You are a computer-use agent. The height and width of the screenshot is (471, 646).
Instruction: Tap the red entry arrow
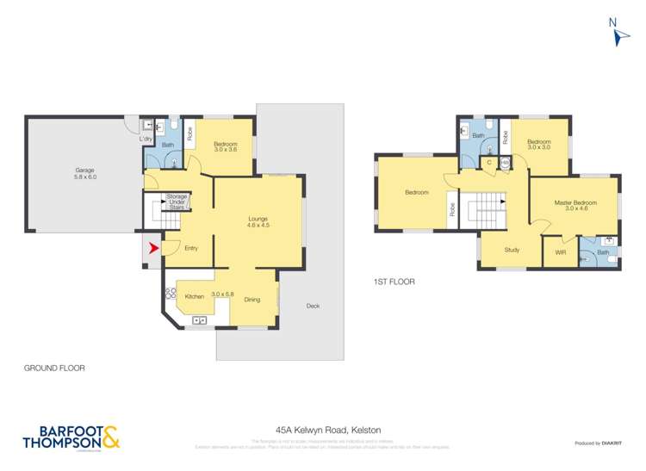pyautogui.click(x=153, y=249)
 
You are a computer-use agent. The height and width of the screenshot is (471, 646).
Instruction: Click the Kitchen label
pyautogui.click(x=195, y=296)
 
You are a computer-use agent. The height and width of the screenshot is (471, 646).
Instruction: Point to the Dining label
pyautogui.click(x=252, y=300)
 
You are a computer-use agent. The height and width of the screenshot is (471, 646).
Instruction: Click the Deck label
pyautogui.click(x=314, y=306)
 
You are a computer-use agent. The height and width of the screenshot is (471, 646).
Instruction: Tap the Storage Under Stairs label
pyautogui.click(x=177, y=201)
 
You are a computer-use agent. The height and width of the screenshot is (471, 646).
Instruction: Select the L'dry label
pyautogui.click(x=146, y=139)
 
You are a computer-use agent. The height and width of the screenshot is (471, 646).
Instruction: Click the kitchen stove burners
pyautogui.click(x=170, y=294)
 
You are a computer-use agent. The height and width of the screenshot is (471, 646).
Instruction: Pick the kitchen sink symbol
pyautogui.click(x=200, y=321)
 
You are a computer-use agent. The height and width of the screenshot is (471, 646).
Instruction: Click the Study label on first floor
pyautogui.click(x=512, y=251)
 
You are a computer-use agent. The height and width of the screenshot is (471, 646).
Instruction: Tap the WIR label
pyautogui.click(x=560, y=253)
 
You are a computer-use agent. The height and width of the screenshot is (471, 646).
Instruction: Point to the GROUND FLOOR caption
pyautogui.click(x=55, y=368)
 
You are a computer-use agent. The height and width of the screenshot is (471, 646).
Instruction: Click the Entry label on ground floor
pyautogui.click(x=191, y=249)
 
